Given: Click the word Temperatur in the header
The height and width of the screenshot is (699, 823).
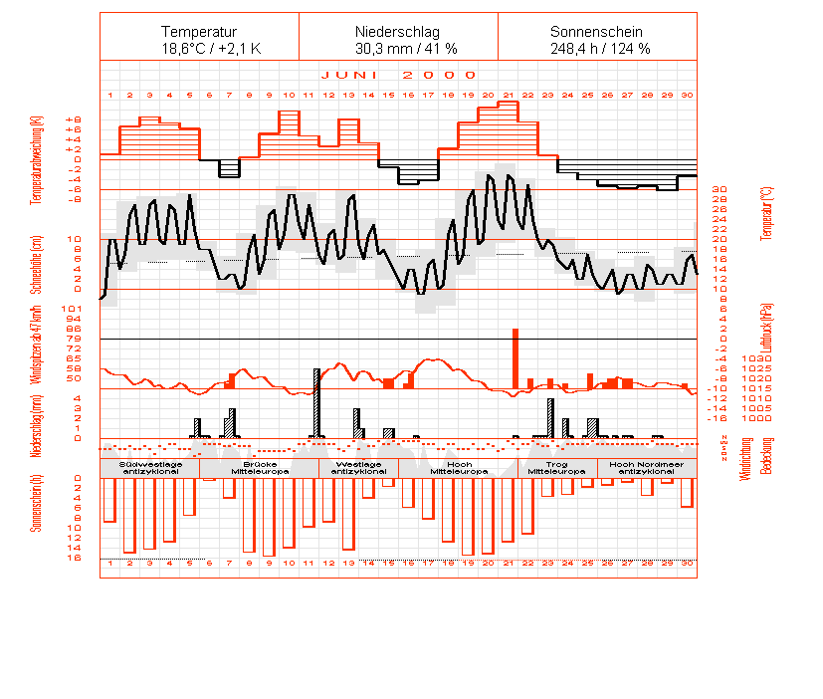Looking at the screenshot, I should pos(199,32).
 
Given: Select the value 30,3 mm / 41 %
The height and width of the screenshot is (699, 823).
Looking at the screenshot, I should pos(398,48).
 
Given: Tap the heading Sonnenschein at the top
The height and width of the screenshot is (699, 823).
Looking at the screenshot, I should pos(597,32).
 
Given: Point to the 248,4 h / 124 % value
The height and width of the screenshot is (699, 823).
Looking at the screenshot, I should pos(597,48).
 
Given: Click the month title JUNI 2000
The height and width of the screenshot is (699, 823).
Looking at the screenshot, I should pos(398,75).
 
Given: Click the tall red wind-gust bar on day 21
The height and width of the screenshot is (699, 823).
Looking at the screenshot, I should pos(515,358).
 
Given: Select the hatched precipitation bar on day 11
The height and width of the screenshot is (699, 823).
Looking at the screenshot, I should pos(317,403).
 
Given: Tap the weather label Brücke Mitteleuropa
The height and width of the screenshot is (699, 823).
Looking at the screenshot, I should pos(259,468).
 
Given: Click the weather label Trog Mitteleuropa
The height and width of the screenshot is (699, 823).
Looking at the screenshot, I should pos(557,468).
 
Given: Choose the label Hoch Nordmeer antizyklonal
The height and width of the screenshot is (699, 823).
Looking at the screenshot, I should pos(647,468).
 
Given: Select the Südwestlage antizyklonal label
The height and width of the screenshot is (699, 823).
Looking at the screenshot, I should pos(149,468).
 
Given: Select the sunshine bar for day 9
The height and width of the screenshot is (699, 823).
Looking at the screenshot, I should pos(269,517).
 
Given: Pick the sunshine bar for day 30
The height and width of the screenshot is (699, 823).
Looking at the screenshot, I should pos(687,493).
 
